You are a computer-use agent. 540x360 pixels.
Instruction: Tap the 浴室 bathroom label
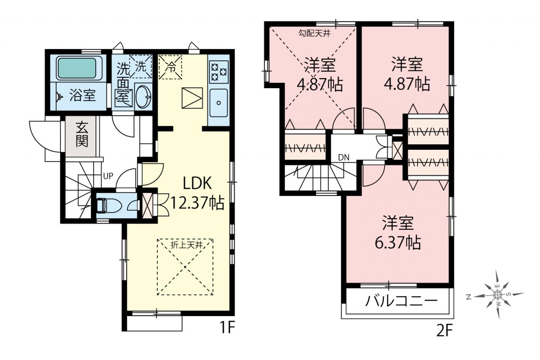pyautogui.click(x=82, y=95)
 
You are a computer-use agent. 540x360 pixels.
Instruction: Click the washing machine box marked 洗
pyautogui.click(x=141, y=67)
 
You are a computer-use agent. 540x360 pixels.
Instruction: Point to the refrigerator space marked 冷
pyautogui.click(x=170, y=67)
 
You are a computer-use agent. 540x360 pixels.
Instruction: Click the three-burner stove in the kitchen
pyautogui.click(x=219, y=72)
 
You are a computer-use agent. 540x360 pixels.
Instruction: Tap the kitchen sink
pyautogui.click(x=219, y=103)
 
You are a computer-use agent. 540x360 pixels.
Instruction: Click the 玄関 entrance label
pyautogui.click(x=82, y=135)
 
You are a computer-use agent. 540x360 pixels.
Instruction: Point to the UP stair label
pyautogui.click(x=108, y=176)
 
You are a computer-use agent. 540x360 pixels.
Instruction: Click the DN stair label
pyautogui.click(x=343, y=158)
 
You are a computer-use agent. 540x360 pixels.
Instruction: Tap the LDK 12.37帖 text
pyautogui.click(x=197, y=192)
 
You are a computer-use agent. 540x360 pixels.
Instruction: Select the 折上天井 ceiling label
pyautogui.click(x=186, y=245)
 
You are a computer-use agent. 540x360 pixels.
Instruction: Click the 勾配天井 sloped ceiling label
pyautogui.click(x=314, y=33)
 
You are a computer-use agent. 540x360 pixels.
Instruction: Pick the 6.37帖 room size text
pyautogui.click(x=397, y=242)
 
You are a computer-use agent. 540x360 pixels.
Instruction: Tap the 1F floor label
pyautogui.click(x=227, y=327)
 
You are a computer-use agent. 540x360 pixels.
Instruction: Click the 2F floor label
pyautogui.click(x=445, y=331)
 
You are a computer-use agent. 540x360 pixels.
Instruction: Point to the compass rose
pyautogui.click(x=497, y=295)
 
